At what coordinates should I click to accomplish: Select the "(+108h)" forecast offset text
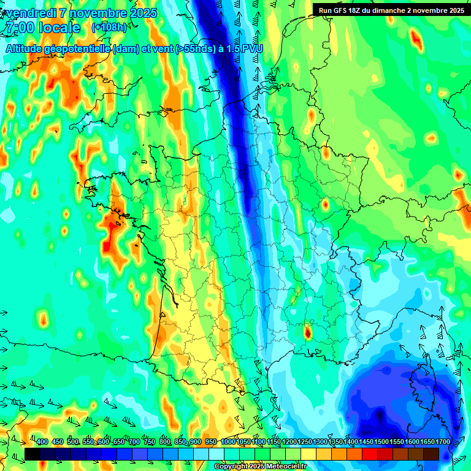109,28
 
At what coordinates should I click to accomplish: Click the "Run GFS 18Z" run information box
389,10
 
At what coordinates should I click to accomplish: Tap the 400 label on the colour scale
42,442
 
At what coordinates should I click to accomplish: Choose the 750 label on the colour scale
150,442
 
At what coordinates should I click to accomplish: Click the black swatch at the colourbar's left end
33,454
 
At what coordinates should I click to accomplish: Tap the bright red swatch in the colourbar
370,454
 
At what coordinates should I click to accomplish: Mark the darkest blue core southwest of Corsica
381,416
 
